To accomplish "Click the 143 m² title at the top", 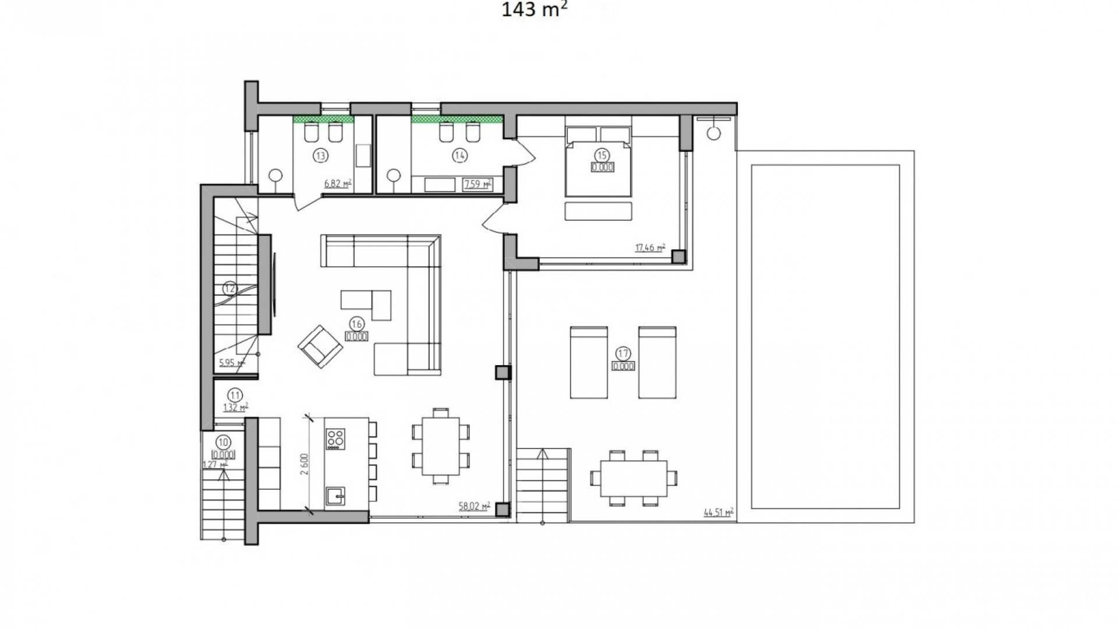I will (x=534, y=10).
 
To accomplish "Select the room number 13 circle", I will (x=320, y=156).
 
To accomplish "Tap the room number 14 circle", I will (x=460, y=156).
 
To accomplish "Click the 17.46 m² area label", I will (x=650, y=248).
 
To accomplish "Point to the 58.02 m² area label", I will (x=474, y=507).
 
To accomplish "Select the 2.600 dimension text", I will (x=304, y=464).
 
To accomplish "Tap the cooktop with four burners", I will (x=335, y=438).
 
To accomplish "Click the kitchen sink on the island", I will (x=335, y=496).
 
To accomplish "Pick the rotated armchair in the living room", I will (x=320, y=346).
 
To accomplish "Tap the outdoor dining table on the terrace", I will (x=634, y=478).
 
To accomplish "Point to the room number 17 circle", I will (x=623, y=354).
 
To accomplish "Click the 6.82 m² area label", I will (x=338, y=184).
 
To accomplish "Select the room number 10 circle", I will (x=223, y=442).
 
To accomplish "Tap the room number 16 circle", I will (x=356, y=324).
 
